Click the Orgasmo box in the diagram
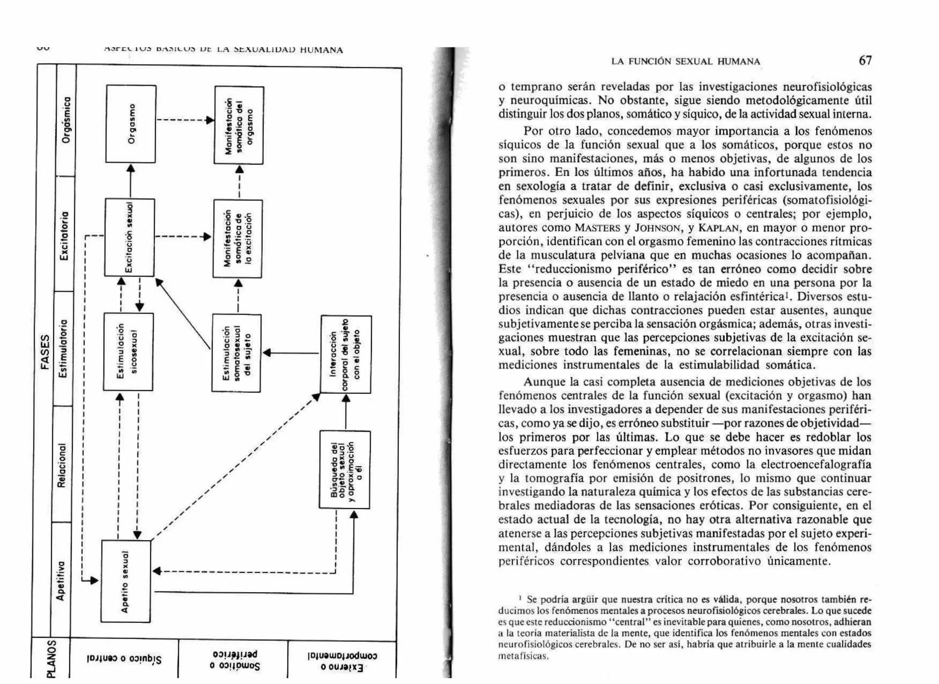click(131, 124)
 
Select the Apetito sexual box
click(126, 581)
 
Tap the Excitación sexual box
click(129, 237)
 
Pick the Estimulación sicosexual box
click(128, 352)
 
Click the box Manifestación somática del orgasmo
click(239, 125)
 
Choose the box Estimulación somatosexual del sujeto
click(236, 353)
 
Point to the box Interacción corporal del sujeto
click(346, 354)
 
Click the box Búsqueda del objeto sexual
click(345, 469)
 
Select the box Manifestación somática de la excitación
click(238, 238)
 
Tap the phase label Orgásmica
click(66, 120)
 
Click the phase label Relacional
click(62, 464)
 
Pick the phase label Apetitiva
click(61, 580)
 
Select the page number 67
click(865, 61)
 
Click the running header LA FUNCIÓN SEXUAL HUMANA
click(685, 61)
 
